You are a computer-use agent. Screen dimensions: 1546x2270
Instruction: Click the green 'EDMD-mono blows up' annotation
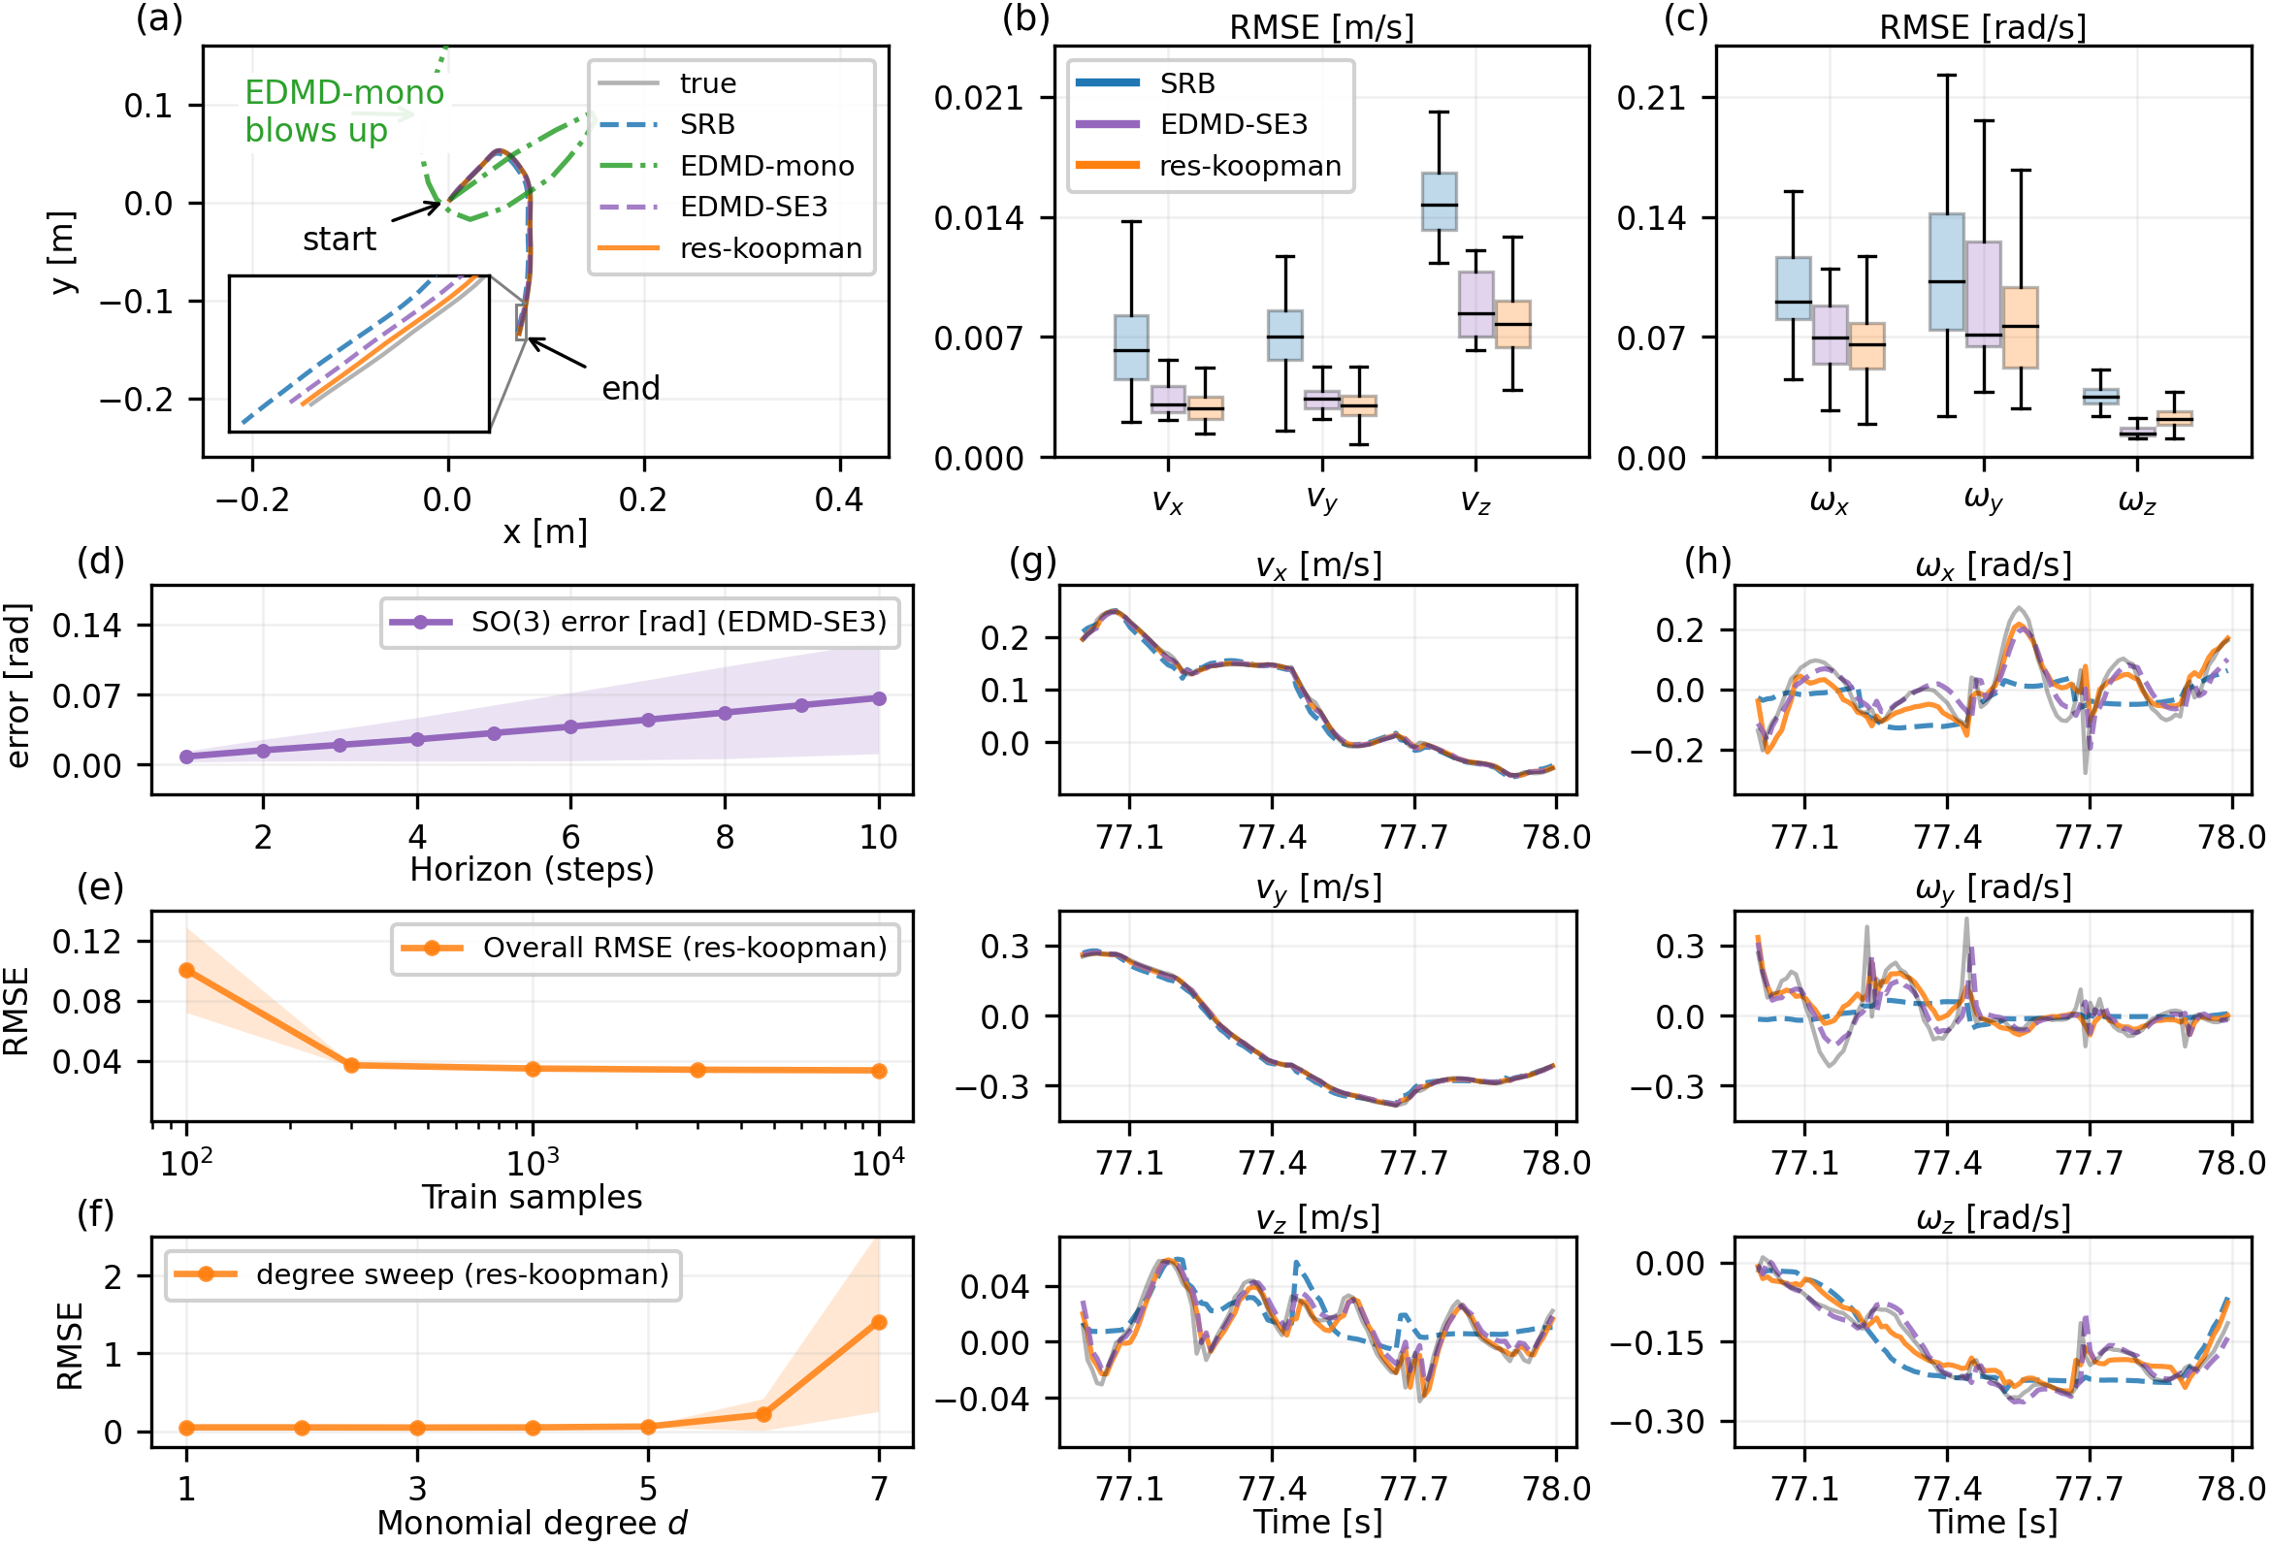[x=343, y=111]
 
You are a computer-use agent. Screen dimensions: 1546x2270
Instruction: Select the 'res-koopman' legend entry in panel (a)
[x=769, y=248]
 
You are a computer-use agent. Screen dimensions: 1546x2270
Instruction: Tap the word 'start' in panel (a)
[x=339, y=239]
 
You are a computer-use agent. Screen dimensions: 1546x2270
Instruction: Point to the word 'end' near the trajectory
[x=630, y=388]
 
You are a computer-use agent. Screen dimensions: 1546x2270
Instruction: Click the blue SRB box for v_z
[x=1439, y=201]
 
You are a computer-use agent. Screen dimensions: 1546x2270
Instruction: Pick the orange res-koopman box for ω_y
[x=2020, y=327]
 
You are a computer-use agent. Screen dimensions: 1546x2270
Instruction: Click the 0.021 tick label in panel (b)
[x=979, y=98]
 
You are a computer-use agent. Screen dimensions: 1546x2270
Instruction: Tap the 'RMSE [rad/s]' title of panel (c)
[x=1982, y=27]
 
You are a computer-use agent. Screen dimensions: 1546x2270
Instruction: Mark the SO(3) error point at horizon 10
[x=879, y=698]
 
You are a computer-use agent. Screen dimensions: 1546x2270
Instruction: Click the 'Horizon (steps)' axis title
[x=532, y=868]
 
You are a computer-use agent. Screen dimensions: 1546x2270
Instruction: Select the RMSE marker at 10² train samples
[x=186, y=970]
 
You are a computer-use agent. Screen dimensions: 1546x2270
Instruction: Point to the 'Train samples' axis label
[x=532, y=1197]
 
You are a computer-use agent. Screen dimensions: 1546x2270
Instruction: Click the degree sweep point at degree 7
[x=879, y=1322]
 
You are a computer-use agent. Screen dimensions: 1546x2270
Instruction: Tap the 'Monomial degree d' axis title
[x=532, y=1523]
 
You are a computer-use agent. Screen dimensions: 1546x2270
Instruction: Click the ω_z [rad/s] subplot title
[x=1993, y=1217]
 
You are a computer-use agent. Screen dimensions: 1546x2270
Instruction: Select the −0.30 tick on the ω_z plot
[x=1656, y=1421]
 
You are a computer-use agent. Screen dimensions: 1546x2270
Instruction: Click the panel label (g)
[x=1032, y=562]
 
